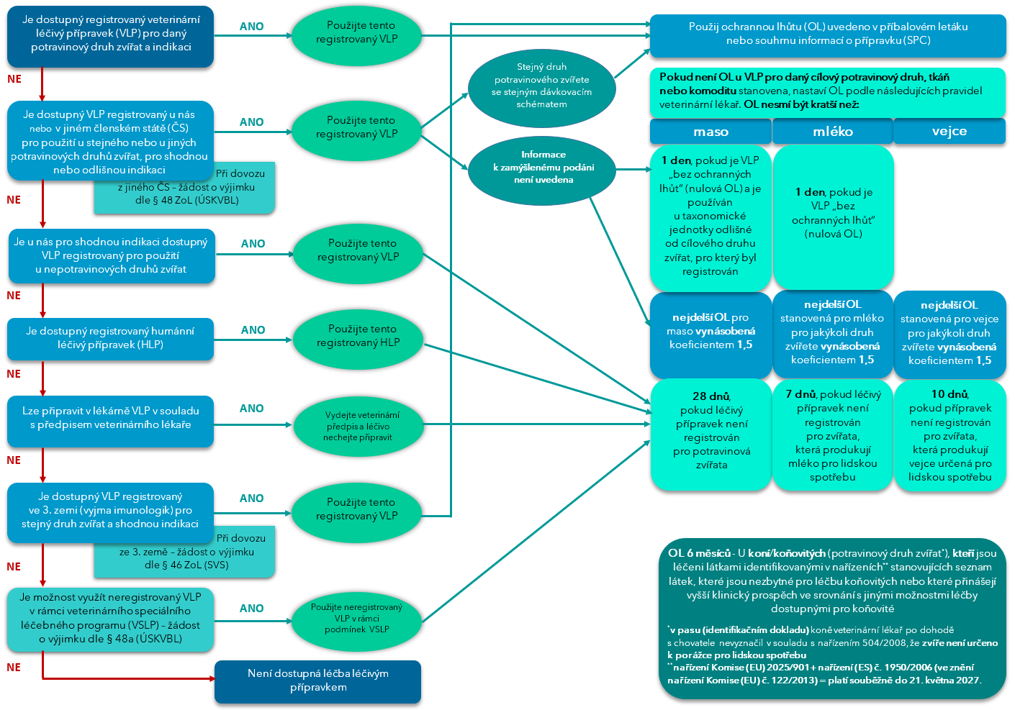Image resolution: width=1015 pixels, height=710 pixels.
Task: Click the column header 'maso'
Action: click(x=710, y=132)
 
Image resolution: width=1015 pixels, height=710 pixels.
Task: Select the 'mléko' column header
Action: click(x=832, y=132)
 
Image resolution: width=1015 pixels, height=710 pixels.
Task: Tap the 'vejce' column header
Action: click(x=949, y=131)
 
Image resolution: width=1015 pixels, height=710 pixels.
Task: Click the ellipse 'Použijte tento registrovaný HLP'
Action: click(x=358, y=336)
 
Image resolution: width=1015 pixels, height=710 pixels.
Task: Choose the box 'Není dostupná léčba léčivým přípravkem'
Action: click(x=317, y=681)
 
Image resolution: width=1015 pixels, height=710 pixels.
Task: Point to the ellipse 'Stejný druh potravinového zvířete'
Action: click(x=541, y=86)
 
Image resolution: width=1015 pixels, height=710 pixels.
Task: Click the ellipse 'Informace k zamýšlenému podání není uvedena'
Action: click(x=543, y=168)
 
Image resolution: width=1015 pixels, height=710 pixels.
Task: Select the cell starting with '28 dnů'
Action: click(x=710, y=431)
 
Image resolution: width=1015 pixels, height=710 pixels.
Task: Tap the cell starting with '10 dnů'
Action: click(x=949, y=435)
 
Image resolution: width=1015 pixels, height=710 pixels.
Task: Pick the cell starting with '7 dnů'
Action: click(x=832, y=435)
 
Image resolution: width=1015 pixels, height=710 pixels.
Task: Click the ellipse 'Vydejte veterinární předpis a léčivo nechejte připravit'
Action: click(x=358, y=426)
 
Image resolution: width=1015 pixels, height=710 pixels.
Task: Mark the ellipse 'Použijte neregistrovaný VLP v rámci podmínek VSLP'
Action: click(x=356, y=618)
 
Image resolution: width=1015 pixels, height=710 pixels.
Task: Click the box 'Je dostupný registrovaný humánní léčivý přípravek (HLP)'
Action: click(x=110, y=338)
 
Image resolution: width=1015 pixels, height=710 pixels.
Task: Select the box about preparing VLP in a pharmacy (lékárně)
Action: click(x=110, y=418)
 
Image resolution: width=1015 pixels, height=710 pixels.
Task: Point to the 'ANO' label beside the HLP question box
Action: click(x=253, y=330)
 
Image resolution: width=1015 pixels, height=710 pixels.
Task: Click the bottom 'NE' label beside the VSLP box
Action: click(x=14, y=668)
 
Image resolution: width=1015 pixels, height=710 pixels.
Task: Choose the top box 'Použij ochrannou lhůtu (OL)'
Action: click(x=827, y=34)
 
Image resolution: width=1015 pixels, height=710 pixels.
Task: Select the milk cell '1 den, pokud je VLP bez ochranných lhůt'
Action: click(x=833, y=214)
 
